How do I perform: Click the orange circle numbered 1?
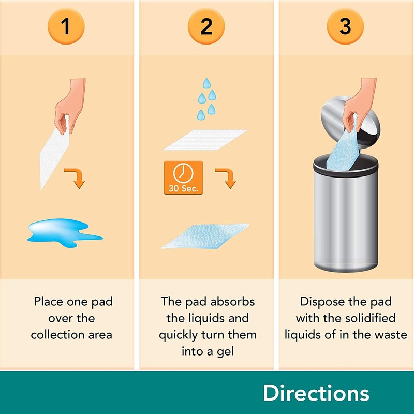[66, 26]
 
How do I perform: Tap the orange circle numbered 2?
[206, 26]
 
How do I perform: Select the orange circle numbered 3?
[345, 26]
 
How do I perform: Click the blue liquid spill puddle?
[63, 232]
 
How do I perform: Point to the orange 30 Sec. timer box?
[183, 178]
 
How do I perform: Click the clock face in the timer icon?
[183, 173]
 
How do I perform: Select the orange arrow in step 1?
[76, 178]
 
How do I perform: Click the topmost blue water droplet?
[206, 83]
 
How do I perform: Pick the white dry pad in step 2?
[205, 140]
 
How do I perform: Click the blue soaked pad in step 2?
[205, 236]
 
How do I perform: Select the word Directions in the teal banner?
[316, 393]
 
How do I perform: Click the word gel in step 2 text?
[226, 352]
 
